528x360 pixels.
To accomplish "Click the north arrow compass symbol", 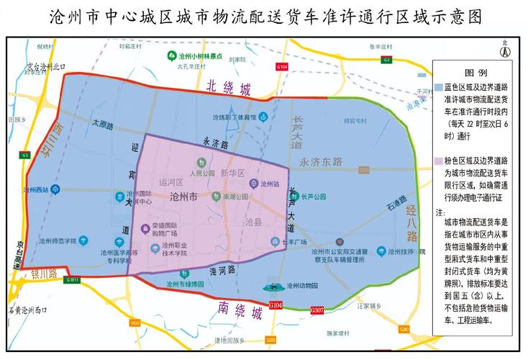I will [x=505, y=53].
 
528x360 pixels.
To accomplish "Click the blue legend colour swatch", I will [x=440, y=86].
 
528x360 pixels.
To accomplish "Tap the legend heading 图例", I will [x=476, y=73].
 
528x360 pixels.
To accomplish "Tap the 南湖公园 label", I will [x=235, y=196].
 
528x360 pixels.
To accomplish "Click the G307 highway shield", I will [x=317, y=309].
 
